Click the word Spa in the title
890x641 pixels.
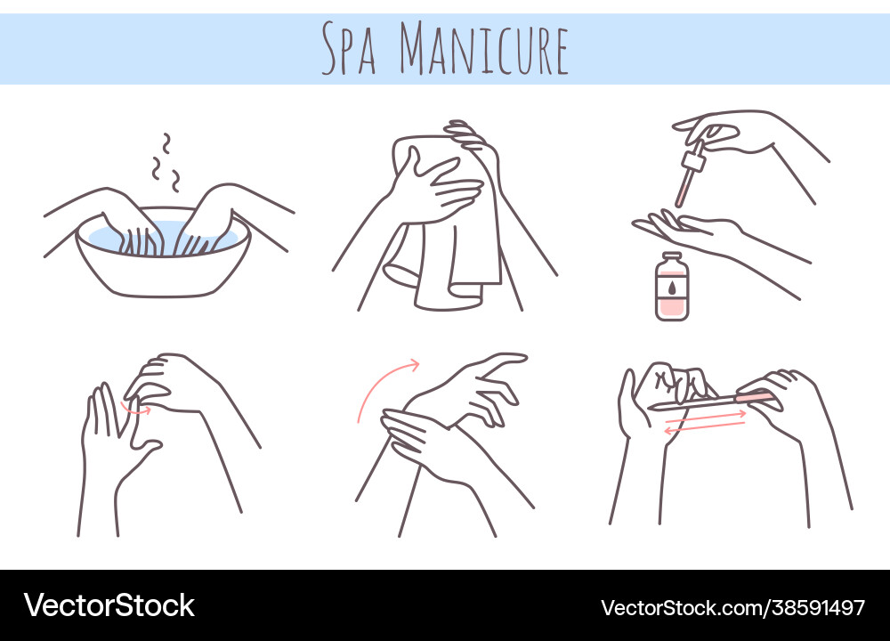coord(349,48)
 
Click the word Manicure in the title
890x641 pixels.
coord(483,48)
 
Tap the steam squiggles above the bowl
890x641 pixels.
coord(166,163)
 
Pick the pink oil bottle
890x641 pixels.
coord(672,287)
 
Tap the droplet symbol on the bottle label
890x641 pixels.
coord(672,288)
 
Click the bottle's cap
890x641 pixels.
coord(672,258)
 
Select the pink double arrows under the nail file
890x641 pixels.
coord(705,422)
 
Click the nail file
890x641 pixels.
coord(710,401)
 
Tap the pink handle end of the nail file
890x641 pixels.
coord(754,396)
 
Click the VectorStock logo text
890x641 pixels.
coord(109,605)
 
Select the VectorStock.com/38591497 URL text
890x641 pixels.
coord(732,608)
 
